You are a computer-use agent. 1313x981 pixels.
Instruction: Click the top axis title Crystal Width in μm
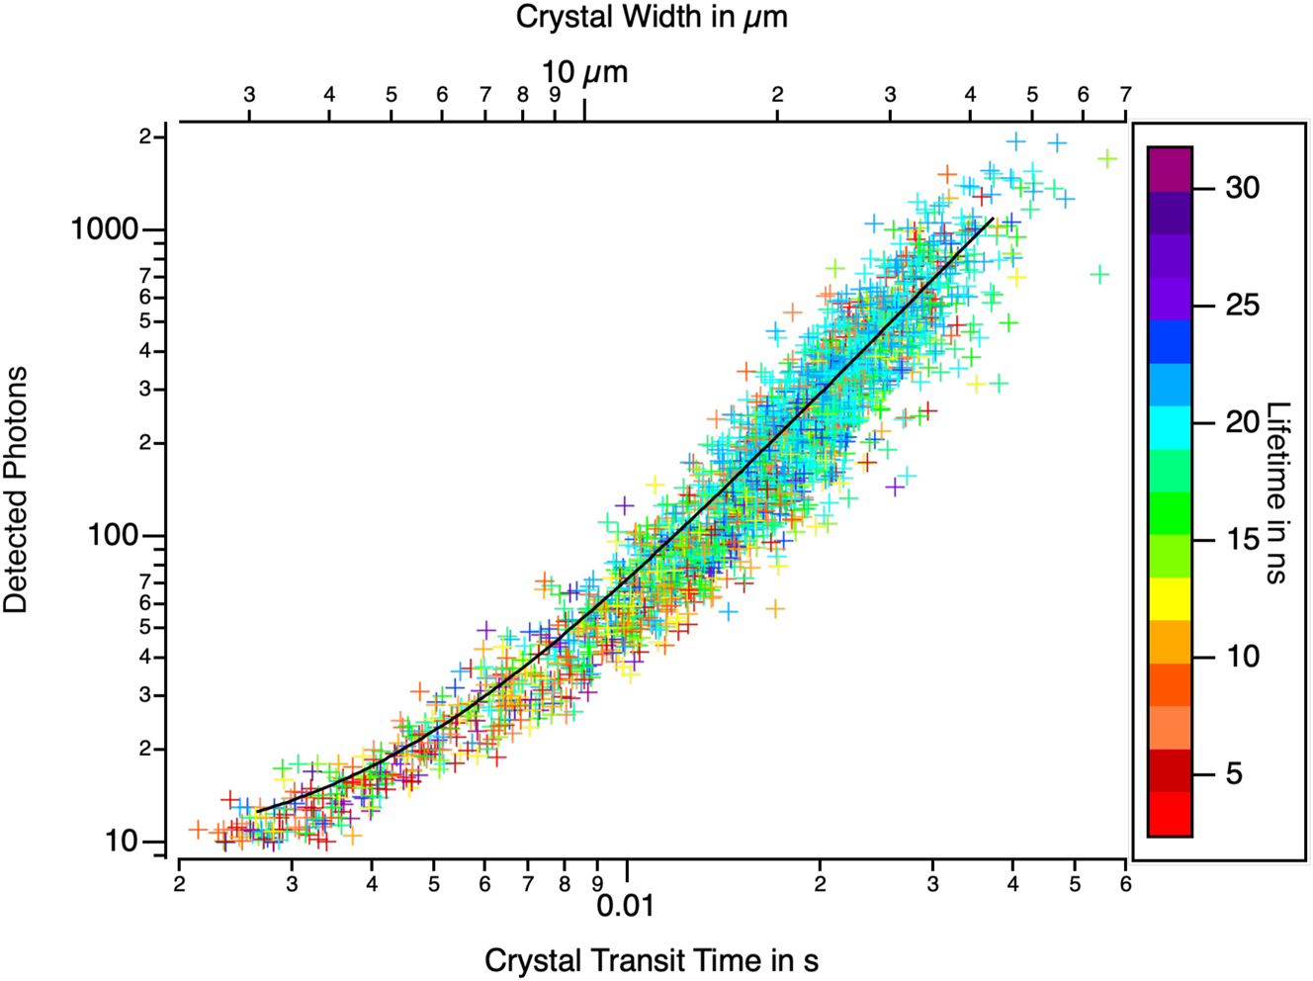click(652, 17)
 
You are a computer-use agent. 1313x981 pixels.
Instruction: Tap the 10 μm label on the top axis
click(584, 72)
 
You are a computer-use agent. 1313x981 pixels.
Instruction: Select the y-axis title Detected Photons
click(17, 490)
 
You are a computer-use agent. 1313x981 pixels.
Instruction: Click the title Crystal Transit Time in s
click(652, 960)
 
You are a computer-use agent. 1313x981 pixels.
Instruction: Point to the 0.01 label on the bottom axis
click(626, 905)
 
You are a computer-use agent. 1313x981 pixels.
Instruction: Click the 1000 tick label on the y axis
click(104, 229)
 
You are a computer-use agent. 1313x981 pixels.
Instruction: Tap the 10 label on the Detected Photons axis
click(122, 842)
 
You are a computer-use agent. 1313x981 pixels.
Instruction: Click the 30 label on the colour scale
click(1243, 188)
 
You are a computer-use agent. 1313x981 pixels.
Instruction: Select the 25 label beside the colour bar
click(1243, 306)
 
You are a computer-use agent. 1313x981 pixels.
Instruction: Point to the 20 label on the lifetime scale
click(1243, 422)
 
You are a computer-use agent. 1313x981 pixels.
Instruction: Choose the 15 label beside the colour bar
click(1243, 540)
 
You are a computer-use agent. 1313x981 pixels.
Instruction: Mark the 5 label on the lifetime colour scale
click(1234, 773)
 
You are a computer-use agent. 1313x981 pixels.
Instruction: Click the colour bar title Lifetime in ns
click(1278, 492)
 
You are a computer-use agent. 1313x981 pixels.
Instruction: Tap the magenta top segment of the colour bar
click(1170, 169)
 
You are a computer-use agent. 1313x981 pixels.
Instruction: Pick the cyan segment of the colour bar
click(1170, 427)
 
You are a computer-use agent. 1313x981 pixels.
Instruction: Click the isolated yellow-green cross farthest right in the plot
click(1107, 158)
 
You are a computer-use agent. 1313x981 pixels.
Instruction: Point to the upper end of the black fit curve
click(992, 219)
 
